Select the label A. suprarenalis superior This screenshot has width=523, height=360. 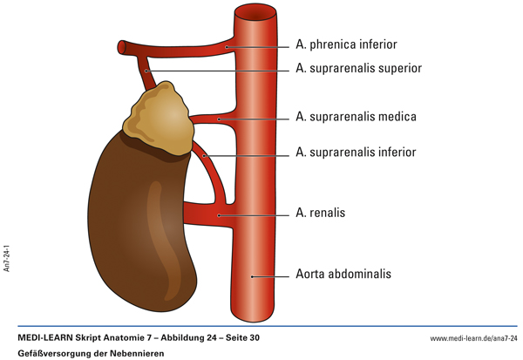359,68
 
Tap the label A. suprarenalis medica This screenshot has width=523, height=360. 356,116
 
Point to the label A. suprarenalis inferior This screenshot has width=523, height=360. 355,153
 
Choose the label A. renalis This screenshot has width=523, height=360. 322,212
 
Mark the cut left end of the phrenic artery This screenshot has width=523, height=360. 122,46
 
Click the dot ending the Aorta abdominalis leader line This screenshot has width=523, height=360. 252,276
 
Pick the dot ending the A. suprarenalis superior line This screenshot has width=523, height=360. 148,70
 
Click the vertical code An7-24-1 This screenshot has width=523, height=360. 8,253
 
